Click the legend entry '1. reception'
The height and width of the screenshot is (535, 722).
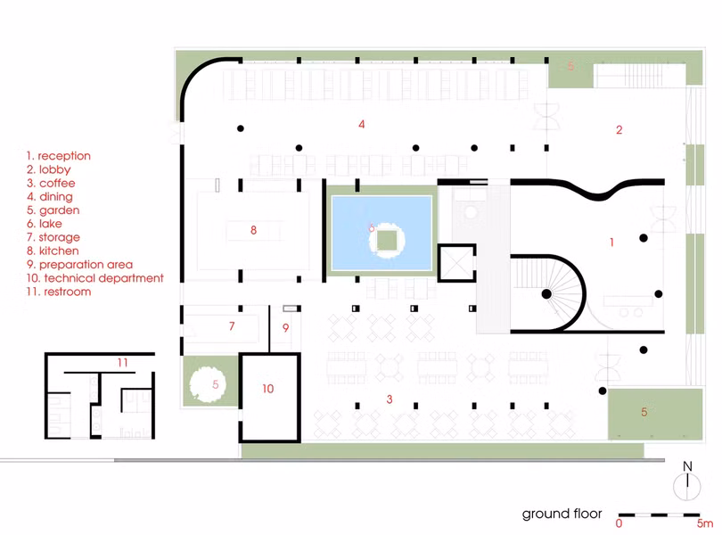tap(59, 156)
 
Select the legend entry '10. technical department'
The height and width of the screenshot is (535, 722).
tap(94, 278)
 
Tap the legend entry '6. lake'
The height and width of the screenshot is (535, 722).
tap(45, 224)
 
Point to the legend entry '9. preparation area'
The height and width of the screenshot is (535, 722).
tap(79, 265)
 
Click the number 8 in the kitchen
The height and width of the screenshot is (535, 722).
tap(253, 230)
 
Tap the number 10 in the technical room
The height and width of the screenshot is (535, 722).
tap(268, 389)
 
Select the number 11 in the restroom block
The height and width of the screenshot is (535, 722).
tap(122, 363)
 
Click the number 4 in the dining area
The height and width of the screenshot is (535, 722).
tap(362, 124)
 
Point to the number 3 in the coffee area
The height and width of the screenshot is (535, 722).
tap(390, 399)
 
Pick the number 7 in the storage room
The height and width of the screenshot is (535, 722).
tap(232, 325)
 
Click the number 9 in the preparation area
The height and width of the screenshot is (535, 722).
tap(286, 327)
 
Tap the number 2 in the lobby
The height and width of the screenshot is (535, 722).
tap(619, 130)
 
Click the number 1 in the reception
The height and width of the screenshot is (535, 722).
tap(611, 242)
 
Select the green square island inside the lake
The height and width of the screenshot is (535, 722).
tap(387, 240)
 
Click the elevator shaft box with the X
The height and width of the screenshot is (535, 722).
tap(456, 263)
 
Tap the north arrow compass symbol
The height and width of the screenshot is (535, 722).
tap(687, 481)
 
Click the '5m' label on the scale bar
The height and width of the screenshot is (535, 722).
tap(704, 523)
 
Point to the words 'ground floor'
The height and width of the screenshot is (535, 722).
tap(562, 514)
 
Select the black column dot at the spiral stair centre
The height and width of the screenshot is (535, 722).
tap(546, 294)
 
